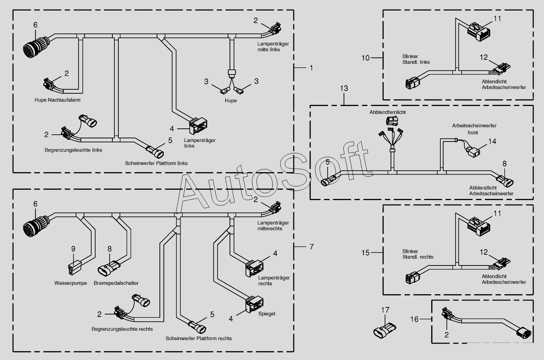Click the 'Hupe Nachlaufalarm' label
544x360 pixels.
(57, 100)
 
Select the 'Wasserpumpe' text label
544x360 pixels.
(71, 283)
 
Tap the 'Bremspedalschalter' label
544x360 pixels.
(116, 283)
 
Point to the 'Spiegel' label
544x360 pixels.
(267, 314)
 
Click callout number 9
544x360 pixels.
(73, 249)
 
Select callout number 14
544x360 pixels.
(492, 142)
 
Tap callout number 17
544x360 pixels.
(385, 310)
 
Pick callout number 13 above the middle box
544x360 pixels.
(344, 88)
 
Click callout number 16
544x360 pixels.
(414, 319)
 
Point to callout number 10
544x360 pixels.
(365, 58)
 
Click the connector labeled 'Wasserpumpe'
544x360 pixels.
(74, 267)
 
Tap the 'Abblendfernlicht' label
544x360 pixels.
(388, 112)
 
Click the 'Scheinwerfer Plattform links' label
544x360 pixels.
(156, 163)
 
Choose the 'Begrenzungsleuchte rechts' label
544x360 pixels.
(122, 329)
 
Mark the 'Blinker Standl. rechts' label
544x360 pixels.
(418, 254)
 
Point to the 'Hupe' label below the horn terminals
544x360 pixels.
(230, 100)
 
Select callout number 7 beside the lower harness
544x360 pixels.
(312, 247)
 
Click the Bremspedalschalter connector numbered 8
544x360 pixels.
(109, 268)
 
